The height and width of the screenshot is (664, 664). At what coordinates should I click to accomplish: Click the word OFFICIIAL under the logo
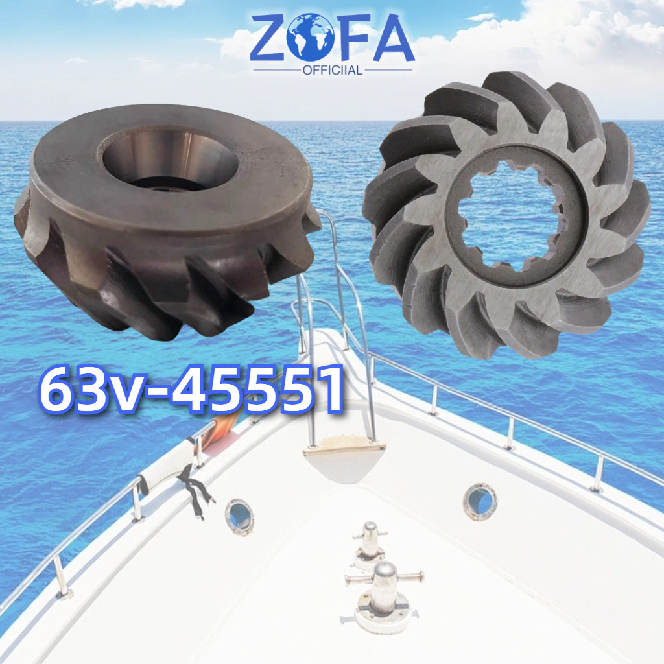[333, 69]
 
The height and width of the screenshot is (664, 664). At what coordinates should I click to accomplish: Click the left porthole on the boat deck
[239, 516]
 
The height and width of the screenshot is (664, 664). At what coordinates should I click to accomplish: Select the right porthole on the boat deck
[480, 501]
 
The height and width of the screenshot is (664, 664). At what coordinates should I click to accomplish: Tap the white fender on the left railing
[170, 464]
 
